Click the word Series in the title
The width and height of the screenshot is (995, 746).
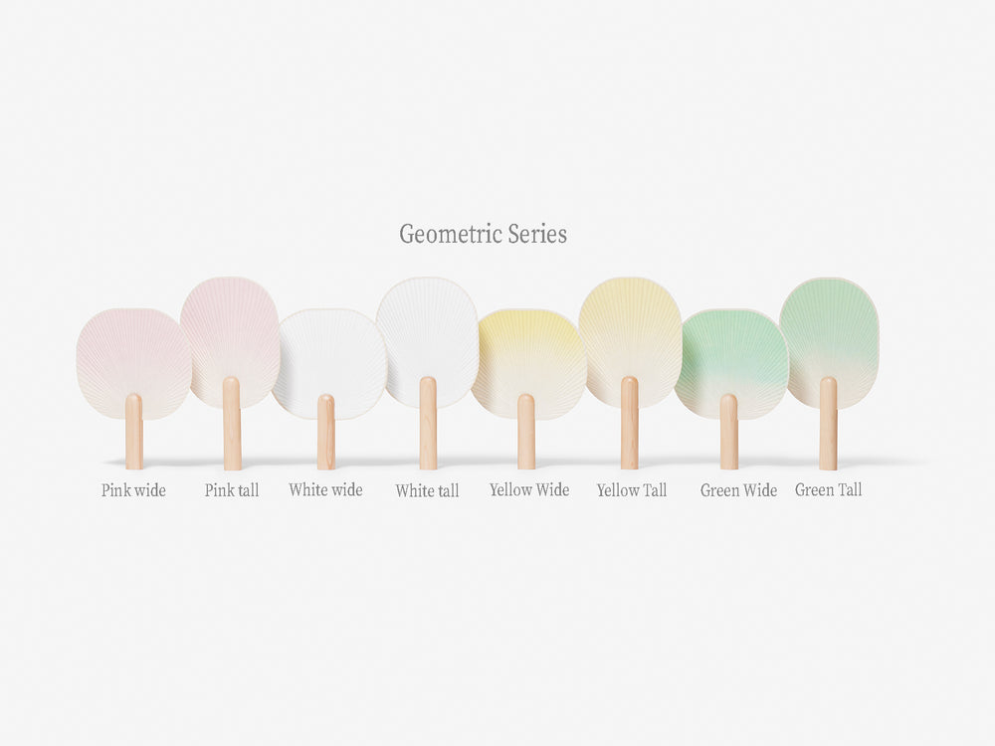pos(535,234)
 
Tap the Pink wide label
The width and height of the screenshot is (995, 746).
pos(133,490)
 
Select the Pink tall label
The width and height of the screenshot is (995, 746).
pos(232,490)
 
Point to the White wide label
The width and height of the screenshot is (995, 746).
pos(325,489)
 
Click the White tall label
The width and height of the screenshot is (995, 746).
pos(427,490)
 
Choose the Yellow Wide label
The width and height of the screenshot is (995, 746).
pos(529,489)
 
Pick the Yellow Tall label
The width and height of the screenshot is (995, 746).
pos(632,490)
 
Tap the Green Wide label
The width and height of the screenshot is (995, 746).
pos(738,490)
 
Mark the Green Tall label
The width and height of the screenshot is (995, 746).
pos(828,489)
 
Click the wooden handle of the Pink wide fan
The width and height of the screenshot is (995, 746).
pos(134,432)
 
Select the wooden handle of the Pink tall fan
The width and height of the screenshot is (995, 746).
pos(232,424)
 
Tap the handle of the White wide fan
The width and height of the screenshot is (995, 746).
pos(326,433)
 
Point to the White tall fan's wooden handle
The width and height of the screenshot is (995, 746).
pos(428,424)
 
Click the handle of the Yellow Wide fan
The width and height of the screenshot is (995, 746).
pos(526,432)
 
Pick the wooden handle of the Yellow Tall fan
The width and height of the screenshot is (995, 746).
pos(630,424)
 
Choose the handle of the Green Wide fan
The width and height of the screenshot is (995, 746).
pos(729,433)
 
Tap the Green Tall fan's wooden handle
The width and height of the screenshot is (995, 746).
pos(828,424)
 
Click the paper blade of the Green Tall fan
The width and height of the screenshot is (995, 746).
pos(830,330)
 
